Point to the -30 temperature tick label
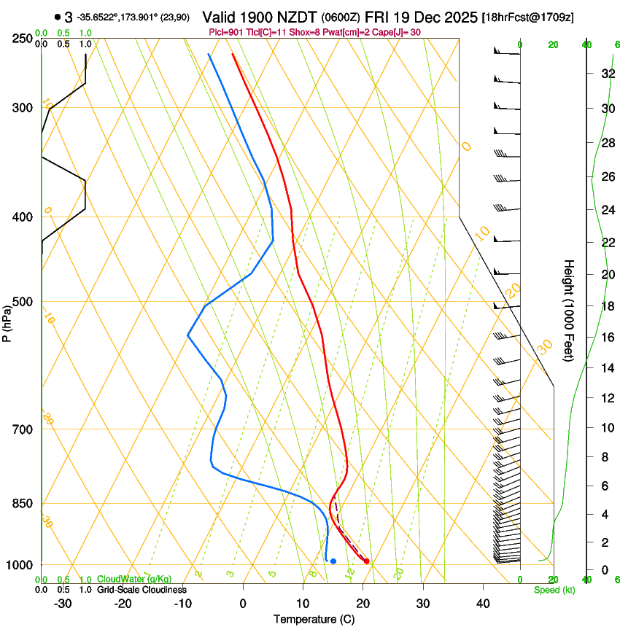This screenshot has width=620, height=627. click(x=62, y=604)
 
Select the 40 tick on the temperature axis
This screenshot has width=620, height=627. click(x=483, y=604)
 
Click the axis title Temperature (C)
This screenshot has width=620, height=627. click(x=314, y=619)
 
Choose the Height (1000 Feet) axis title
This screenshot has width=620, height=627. click(x=569, y=311)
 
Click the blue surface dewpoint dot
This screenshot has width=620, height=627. click(x=333, y=561)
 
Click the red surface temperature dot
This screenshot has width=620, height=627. click(x=366, y=561)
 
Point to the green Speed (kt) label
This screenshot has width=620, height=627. click(x=554, y=590)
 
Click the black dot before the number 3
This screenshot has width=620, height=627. click(x=58, y=17)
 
